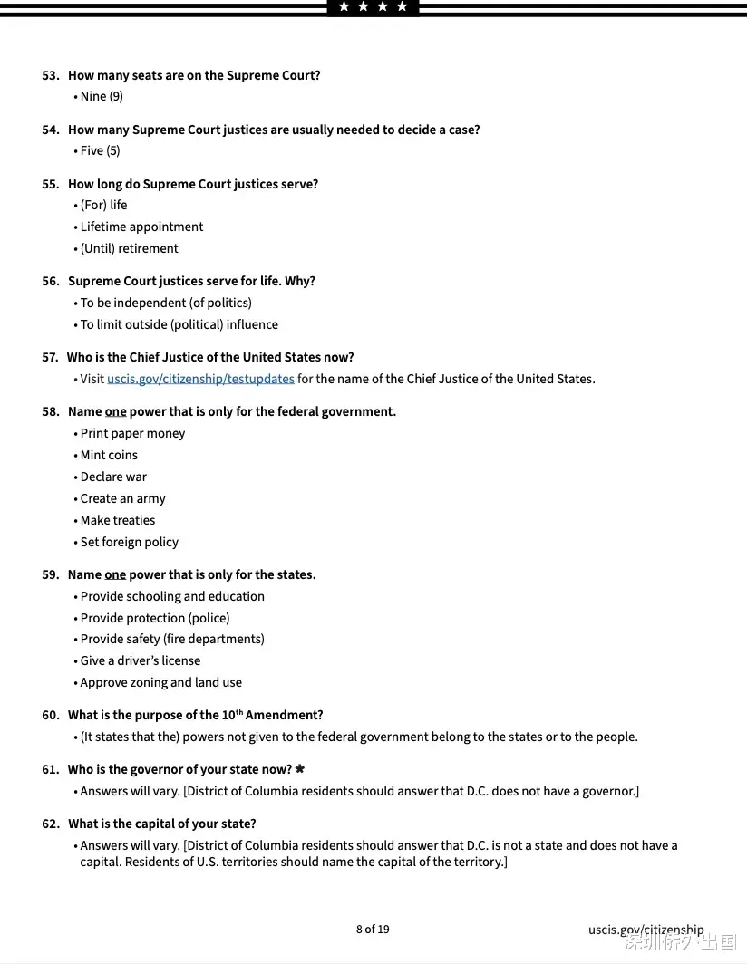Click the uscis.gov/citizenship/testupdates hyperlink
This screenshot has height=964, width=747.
[x=200, y=379]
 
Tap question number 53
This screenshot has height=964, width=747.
[x=51, y=75]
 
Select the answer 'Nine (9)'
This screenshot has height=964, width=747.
[x=102, y=96]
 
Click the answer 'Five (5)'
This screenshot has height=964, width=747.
[x=100, y=150]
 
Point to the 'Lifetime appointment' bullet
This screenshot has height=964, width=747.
[x=141, y=227]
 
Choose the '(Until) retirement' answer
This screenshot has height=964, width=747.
[x=129, y=248]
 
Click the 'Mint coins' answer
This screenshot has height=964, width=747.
[x=109, y=455]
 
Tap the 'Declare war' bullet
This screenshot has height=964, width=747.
[x=113, y=477]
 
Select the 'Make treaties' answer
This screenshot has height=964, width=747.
[x=118, y=520]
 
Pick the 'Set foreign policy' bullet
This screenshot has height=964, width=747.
[x=130, y=542]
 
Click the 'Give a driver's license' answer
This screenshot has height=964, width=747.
[x=141, y=660]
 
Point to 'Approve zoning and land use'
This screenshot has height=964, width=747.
[x=160, y=682]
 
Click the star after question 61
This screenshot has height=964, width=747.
[x=300, y=769]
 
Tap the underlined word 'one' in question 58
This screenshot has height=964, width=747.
[x=115, y=411]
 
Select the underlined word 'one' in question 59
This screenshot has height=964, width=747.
[x=115, y=574]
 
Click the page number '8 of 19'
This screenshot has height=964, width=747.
[x=373, y=929]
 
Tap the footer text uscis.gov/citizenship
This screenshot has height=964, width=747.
[x=645, y=930]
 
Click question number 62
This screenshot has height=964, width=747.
[x=51, y=824]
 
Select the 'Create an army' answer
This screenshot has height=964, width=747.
[x=122, y=498]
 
